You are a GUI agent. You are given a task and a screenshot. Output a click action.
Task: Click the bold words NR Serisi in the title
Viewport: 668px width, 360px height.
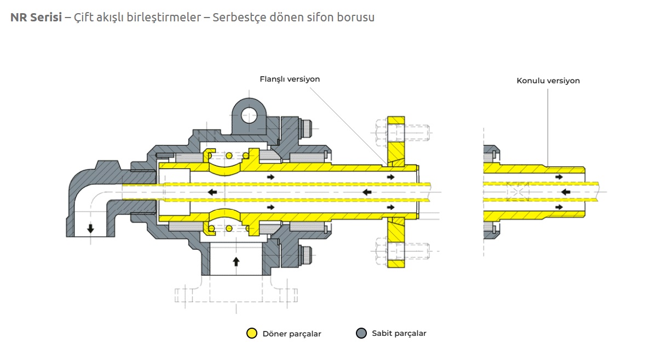36,17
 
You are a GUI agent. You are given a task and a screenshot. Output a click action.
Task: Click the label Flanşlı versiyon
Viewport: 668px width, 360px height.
290,79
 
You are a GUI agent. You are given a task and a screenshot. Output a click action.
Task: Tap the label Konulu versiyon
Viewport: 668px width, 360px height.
548,81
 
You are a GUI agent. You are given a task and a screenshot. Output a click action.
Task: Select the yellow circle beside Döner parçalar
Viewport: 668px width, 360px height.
252,333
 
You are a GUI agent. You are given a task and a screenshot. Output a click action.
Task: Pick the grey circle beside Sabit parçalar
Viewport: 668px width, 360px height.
361,333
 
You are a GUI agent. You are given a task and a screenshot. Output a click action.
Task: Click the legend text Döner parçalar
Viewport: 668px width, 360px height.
292,334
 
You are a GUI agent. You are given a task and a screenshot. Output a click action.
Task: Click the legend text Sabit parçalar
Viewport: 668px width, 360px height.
399,333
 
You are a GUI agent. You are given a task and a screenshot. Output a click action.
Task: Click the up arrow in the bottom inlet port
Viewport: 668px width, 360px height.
236,261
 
